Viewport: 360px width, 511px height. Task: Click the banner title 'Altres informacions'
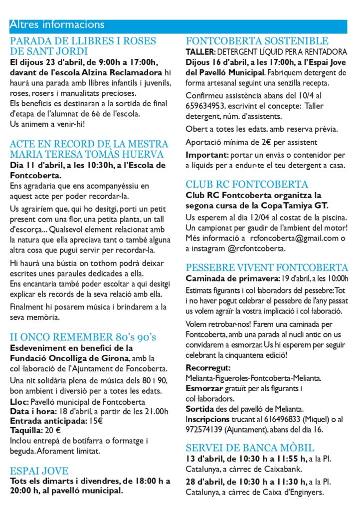pos(57,24)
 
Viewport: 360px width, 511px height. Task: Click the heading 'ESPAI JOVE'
pos(39,471)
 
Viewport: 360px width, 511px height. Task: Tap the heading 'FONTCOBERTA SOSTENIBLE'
pos(257,41)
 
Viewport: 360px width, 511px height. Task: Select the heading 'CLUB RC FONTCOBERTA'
pos(247,184)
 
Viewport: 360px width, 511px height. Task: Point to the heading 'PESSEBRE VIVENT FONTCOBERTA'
pos(267,267)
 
